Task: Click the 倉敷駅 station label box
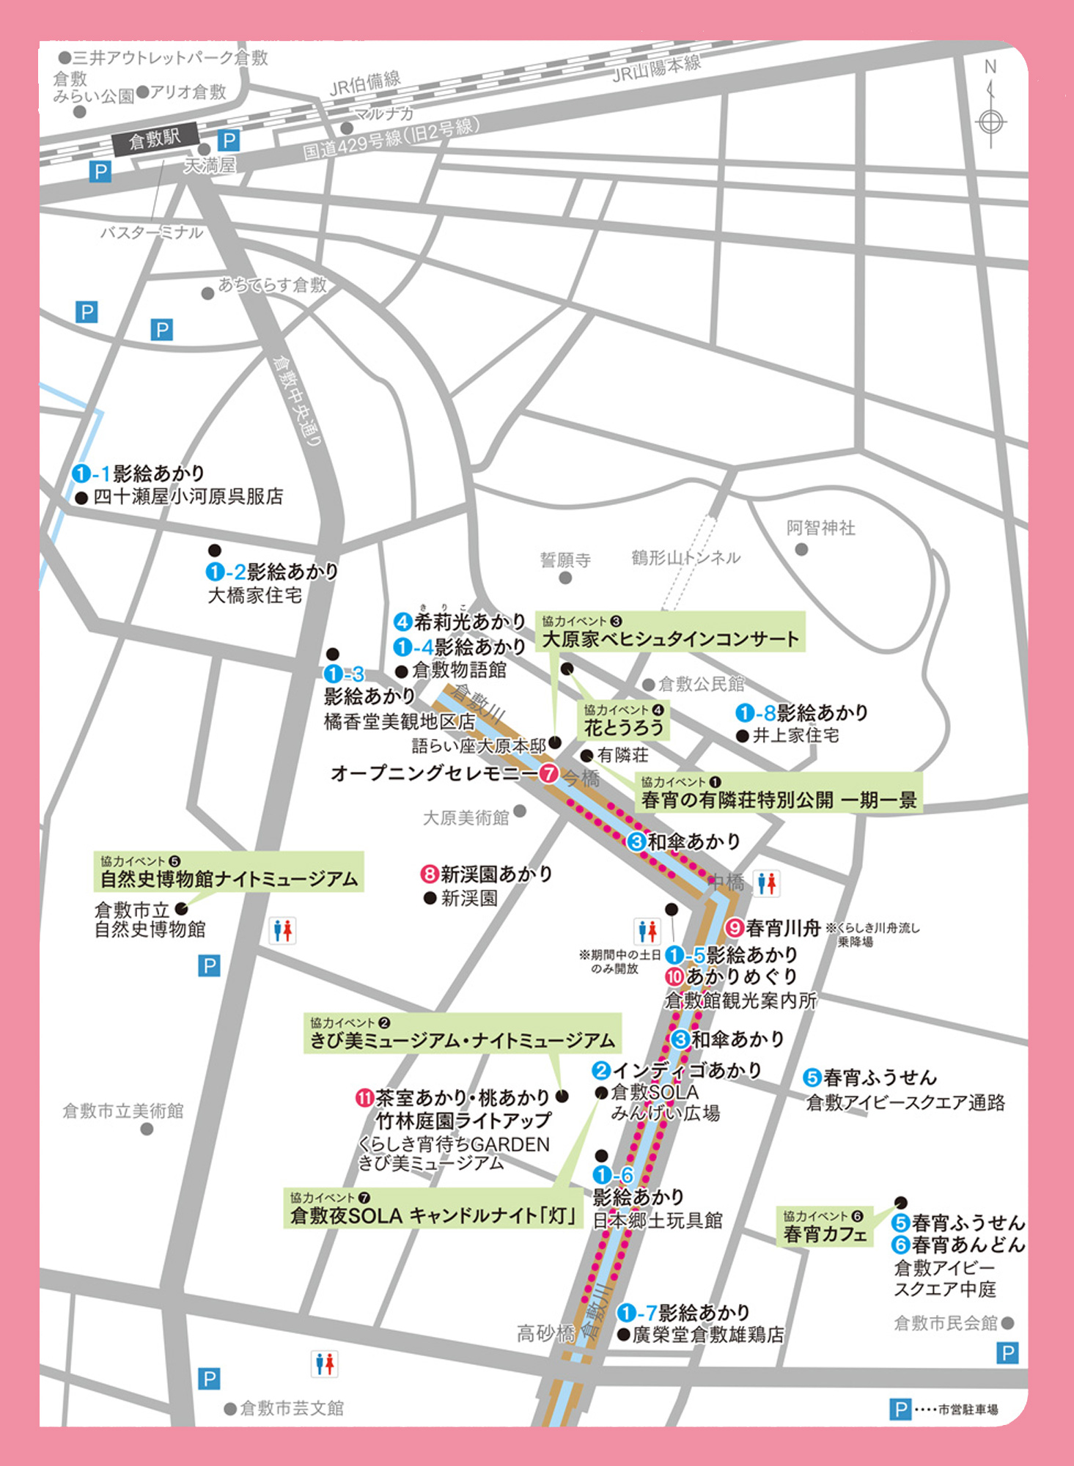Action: point(155,139)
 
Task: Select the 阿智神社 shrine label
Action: point(820,528)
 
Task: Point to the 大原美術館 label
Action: point(466,818)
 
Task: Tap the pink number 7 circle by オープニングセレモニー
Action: point(548,773)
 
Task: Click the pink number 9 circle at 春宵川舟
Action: point(735,928)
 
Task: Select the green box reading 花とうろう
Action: point(624,721)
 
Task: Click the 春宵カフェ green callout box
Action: point(825,1227)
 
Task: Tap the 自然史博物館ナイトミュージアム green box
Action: point(229,872)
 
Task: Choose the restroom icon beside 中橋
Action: point(767,883)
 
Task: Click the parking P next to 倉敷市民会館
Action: point(1008,1352)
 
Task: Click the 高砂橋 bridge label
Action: point(545,1333)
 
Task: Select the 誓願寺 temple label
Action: point(565,560)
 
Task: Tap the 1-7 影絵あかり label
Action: point(684,1312)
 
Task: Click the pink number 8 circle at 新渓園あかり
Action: point(429,874)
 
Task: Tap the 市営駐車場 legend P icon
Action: point(900,1409)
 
